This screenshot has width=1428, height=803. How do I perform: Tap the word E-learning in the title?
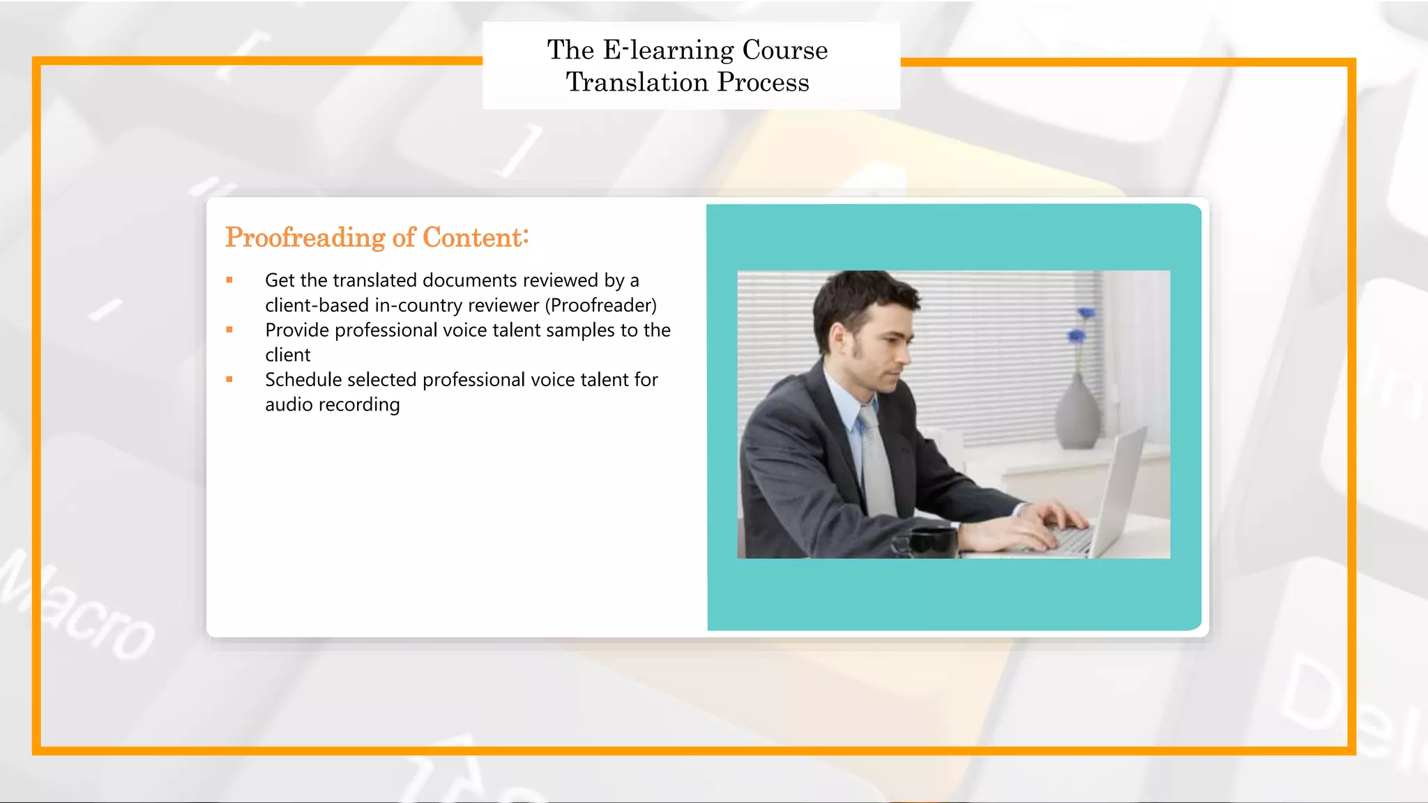point(668,50)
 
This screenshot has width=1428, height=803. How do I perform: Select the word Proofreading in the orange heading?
point(305,238)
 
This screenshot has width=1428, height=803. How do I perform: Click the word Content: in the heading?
point(476,238)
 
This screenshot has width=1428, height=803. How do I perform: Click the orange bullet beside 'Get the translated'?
point(229,280)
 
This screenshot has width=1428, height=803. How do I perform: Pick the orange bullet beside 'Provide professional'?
point(229,330)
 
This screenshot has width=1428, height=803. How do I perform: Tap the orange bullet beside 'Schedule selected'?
point(229,380)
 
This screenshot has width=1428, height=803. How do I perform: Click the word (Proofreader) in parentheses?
point(600,305)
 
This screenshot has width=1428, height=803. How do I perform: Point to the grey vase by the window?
point(1078,415)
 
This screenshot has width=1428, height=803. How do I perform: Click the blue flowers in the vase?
point(1081,325)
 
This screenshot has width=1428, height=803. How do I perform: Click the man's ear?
point(837,339)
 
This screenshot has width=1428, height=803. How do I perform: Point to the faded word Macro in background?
point(77,606)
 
